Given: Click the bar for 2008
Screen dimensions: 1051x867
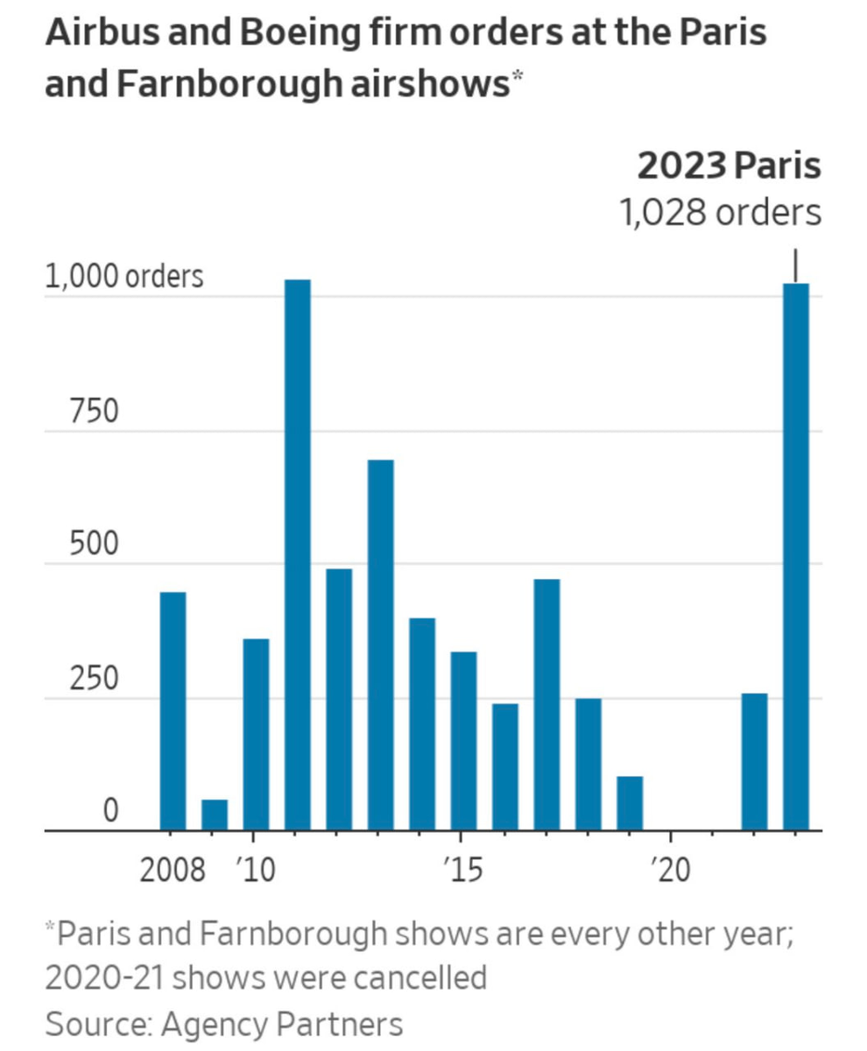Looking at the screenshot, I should pos(173,711).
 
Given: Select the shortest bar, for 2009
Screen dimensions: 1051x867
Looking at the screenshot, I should pos(215,815).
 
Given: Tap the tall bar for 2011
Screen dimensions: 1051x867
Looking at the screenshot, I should pos(298,554).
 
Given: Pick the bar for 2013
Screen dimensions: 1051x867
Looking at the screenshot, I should pos(381,645).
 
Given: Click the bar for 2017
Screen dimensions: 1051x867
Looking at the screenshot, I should pos(547,704).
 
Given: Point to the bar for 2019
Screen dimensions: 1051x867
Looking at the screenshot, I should pos(630,803).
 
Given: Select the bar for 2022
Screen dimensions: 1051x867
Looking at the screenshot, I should pos(754,762).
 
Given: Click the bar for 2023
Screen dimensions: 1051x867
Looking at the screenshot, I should pos(796,556).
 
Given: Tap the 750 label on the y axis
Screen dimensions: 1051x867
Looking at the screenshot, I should pos(93,412).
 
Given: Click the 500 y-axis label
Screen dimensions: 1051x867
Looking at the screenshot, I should pos(93,545).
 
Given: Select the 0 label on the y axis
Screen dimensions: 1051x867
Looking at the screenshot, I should pos(109,812).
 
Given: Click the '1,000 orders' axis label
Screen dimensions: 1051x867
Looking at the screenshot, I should pos(123,277).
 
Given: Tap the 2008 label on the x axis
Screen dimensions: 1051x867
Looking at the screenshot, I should pos(173,871).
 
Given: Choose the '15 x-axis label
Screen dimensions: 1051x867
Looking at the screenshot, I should pos(462,871).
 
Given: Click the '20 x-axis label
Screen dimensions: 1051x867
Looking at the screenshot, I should pos(670,871).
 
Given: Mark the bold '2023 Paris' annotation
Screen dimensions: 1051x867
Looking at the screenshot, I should pos(729,166).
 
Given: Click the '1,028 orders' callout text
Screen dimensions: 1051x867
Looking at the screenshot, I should pos(721,213).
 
